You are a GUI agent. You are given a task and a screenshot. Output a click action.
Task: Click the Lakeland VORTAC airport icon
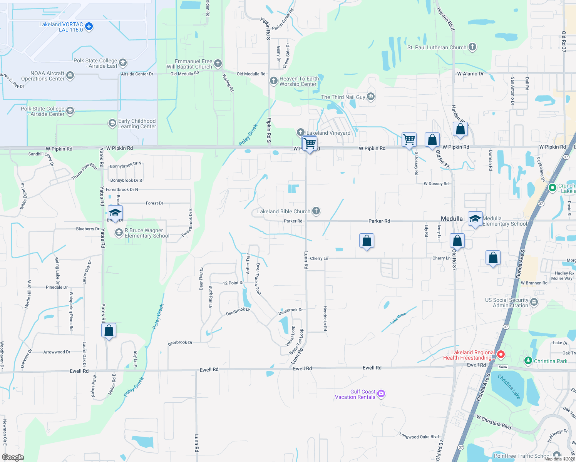tap(89, 27)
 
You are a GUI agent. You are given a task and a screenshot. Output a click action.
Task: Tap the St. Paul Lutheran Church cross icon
tap(472, 47)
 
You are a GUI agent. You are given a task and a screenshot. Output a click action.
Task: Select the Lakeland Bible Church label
tap(283, 211)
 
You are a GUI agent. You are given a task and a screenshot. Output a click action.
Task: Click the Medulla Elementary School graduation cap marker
tap(475, 219)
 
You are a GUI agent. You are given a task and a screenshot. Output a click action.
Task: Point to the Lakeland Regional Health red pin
tap(501, 354)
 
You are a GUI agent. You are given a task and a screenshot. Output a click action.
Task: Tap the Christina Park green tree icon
tap(528, 361)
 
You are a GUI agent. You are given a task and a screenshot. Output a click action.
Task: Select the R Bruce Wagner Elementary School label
tap(147, 233)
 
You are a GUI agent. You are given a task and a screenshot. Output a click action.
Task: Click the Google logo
tap(13, 457)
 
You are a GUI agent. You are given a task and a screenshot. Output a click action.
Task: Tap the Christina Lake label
tap(509, 387)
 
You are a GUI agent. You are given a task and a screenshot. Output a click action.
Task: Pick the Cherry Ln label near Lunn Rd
tap(319, 258)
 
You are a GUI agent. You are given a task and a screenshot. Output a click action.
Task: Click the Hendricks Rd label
tap(325, 318)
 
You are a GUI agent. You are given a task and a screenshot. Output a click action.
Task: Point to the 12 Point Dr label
tap(233, 283)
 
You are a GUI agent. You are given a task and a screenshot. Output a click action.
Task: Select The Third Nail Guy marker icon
tap(371, 97)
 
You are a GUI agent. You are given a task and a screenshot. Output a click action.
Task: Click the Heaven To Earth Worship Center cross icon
tap(273, 81)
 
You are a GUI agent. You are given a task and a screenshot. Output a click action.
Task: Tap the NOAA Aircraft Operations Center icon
tap(70, 75)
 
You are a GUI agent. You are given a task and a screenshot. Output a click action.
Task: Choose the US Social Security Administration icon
tap(534, 302)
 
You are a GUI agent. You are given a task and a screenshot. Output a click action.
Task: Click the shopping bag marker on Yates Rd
tap(109, 330)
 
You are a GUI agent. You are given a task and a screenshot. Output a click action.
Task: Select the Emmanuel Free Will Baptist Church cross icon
tap(218, 63)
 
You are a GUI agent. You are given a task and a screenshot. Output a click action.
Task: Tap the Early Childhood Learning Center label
tap(137, 124)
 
